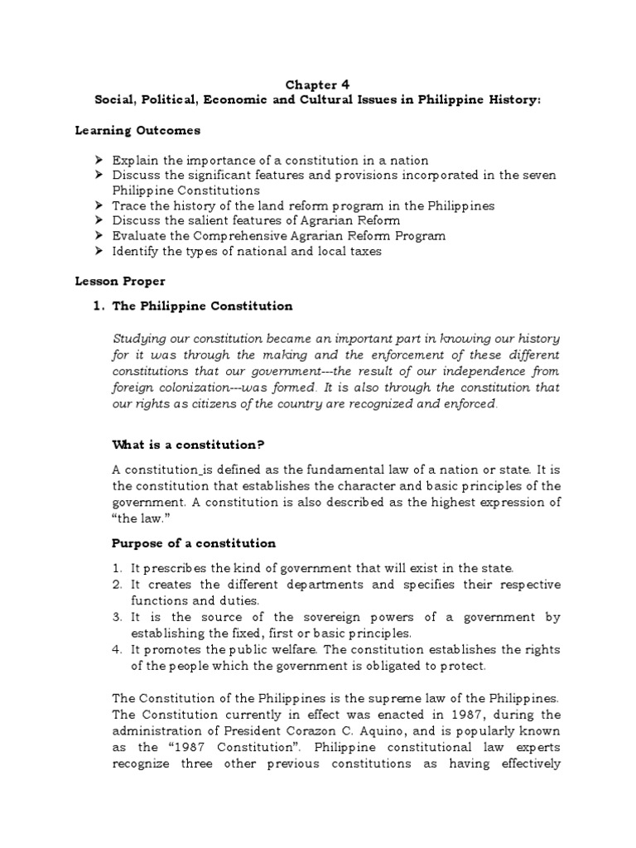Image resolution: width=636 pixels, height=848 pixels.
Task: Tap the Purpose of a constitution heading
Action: (194, 543)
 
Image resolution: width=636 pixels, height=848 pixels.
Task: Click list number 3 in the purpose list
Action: (117, 617)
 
